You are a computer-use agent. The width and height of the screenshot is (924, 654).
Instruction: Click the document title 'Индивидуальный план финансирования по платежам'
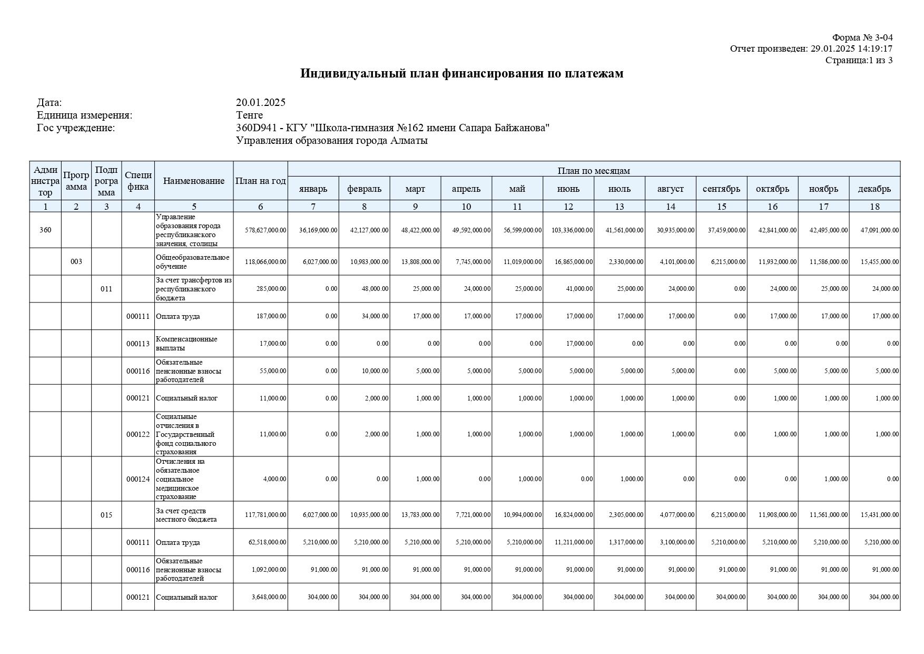461,74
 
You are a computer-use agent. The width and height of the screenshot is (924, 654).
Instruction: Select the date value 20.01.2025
261,103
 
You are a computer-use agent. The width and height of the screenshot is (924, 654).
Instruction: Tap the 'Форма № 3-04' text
862,37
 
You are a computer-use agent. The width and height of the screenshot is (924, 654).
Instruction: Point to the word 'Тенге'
249,115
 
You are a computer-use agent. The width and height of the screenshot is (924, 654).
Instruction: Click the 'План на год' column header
261,181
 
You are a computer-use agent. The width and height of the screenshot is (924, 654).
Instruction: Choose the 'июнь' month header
568,189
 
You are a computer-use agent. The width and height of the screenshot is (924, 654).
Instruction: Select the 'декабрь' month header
874,189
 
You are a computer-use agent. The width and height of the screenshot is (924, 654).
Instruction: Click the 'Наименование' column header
194,181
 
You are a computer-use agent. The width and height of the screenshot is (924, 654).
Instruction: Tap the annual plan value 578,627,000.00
266,230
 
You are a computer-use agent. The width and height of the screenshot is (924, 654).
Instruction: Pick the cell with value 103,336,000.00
572,230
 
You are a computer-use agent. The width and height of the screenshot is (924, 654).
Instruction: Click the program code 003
76,262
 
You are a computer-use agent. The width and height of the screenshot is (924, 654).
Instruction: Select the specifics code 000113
138,344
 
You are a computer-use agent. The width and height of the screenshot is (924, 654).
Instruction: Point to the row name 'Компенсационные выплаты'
186,344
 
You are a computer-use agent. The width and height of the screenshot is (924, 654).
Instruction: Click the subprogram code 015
106,515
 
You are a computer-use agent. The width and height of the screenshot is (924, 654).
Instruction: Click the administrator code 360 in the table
45,230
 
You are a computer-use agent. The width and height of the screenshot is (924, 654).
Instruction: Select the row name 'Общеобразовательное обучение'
192,262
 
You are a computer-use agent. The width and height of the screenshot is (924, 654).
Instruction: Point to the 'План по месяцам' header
594,170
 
